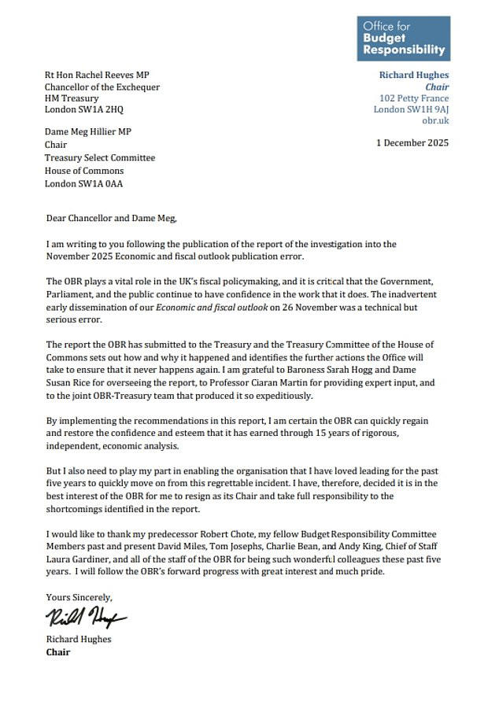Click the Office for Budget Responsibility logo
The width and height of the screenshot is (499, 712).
coord(403,38)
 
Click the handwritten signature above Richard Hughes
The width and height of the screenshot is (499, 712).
coord(87,616)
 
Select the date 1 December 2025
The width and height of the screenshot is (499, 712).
coord(412,143)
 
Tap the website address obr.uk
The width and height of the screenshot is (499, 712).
coord(435,120)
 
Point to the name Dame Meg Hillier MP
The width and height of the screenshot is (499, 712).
coord(88,131)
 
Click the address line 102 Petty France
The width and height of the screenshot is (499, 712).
coord(413,98)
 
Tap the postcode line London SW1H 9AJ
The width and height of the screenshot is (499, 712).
coord(411,109)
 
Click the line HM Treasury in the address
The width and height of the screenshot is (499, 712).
coord(72,98)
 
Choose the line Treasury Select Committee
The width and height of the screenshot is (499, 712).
coord(100,157)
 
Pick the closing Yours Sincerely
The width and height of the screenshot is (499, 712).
coord(79,597)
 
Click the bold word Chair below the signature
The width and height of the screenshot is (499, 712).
coord(57,652)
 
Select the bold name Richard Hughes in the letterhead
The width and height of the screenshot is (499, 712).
coord(413,76)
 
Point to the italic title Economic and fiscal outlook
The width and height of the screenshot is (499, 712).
coord(195,308)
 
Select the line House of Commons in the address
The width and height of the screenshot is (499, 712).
coord(84,171)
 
